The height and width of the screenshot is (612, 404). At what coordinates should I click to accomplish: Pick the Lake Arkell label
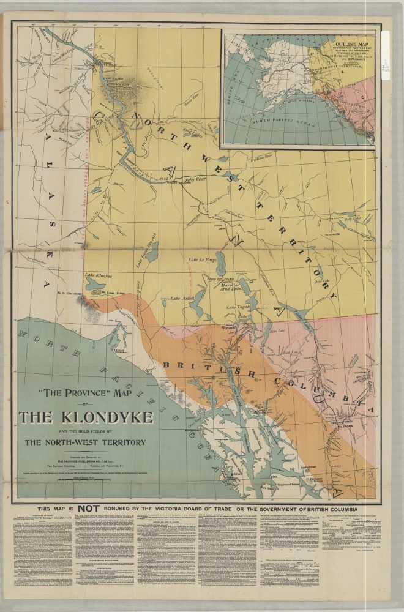coord(183,298)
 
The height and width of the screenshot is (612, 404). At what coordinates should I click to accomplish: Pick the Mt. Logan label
coord(112,293)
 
